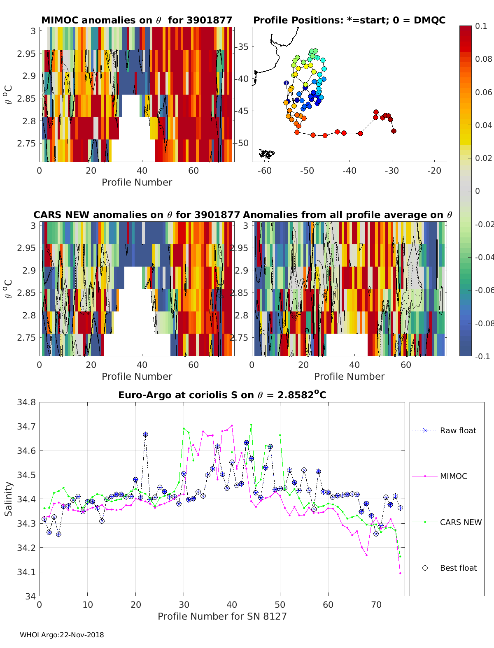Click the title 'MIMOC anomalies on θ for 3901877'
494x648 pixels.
137,20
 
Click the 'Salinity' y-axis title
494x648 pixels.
8,499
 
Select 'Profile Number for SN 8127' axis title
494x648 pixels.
222,616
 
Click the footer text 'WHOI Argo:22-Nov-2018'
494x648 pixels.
62,635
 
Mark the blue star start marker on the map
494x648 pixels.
286,83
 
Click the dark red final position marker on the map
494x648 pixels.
394,131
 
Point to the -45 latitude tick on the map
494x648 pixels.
242,111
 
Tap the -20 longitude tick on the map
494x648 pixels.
434,170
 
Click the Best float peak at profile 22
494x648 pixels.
145,434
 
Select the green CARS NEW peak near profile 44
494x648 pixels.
251,425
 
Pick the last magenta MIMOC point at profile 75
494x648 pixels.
400,573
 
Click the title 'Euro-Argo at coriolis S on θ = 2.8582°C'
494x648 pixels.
222,395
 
